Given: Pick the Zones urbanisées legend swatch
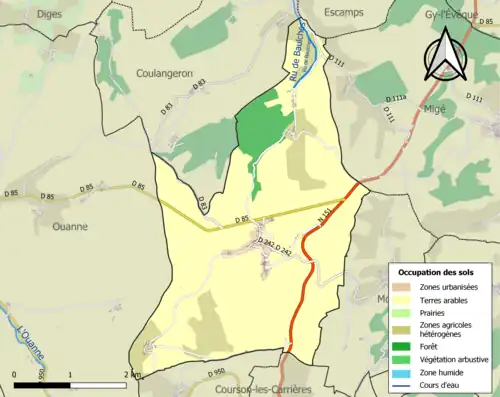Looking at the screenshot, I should click(x=403, y=287).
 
